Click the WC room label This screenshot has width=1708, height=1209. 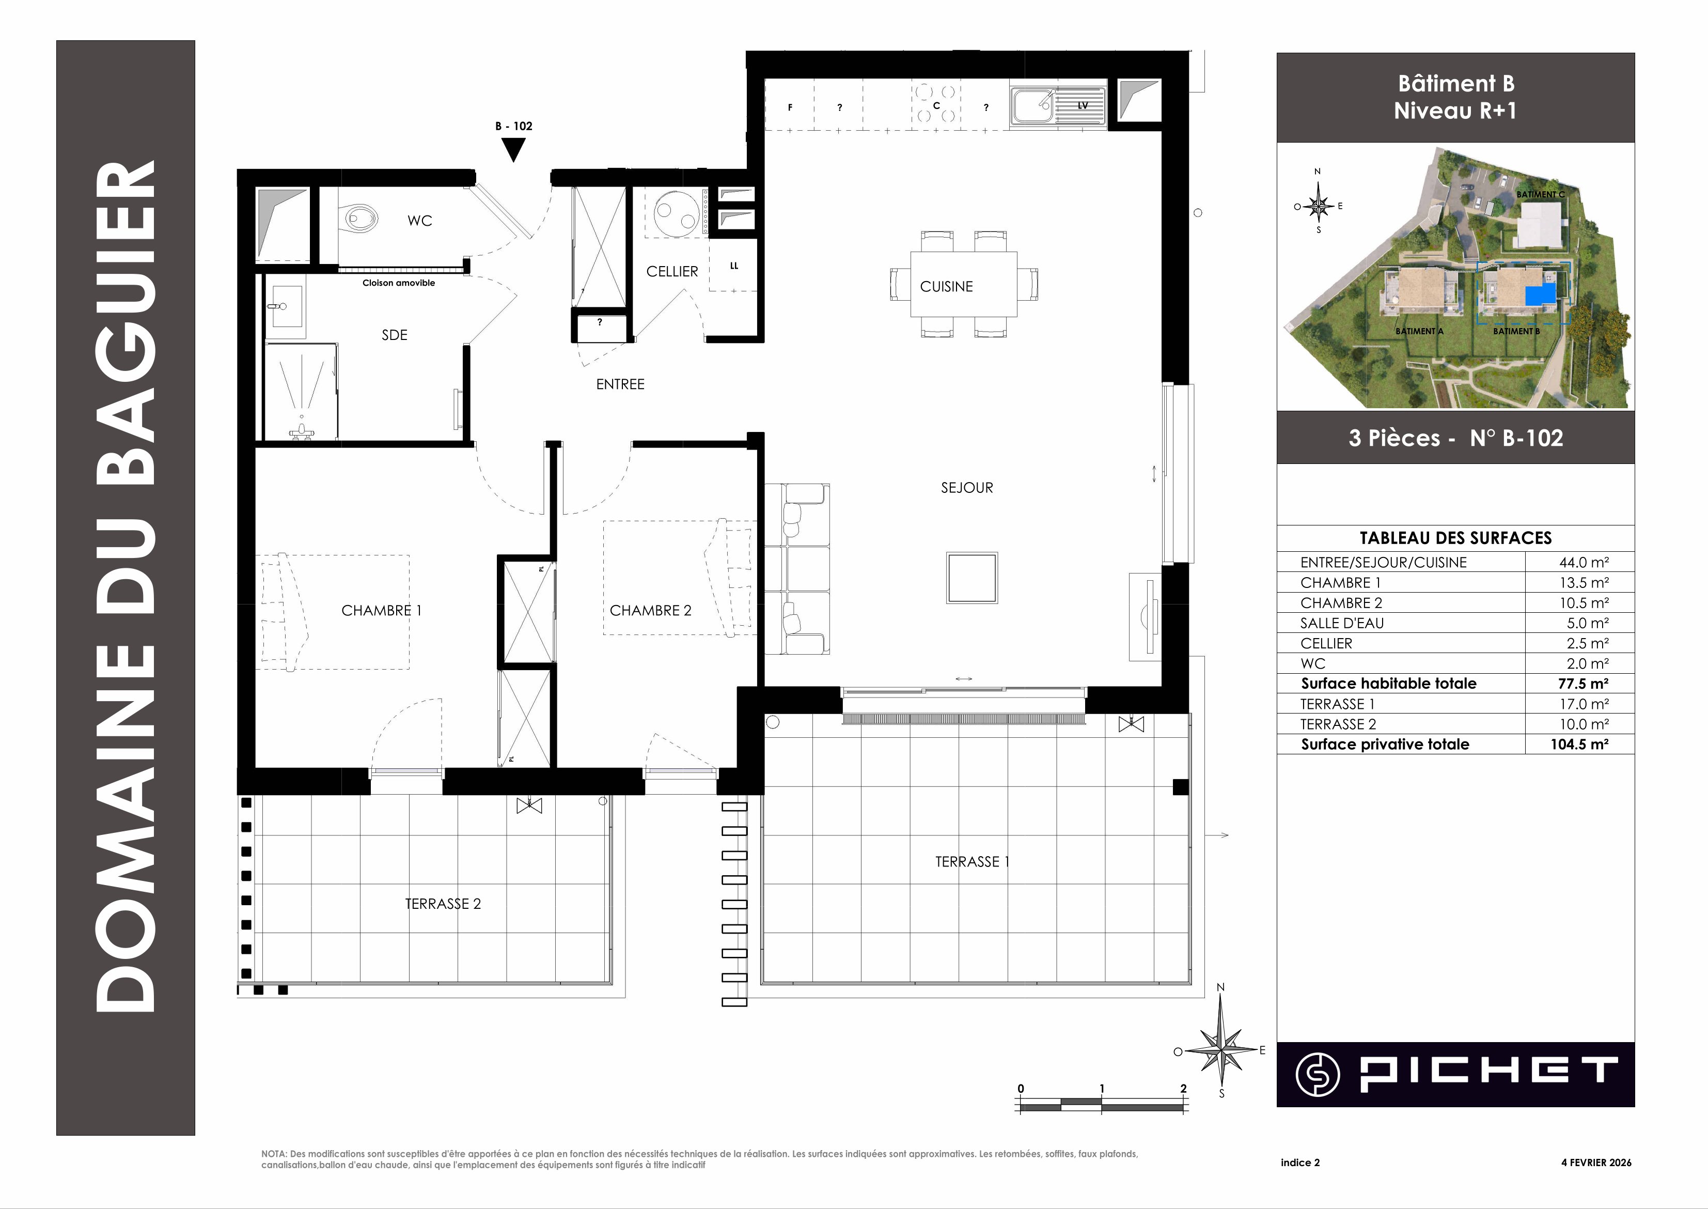(420, 221)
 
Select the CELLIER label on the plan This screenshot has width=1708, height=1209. (672, 272)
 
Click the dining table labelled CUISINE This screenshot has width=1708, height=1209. (964, 284)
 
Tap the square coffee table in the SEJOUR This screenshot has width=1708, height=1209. (972, 578)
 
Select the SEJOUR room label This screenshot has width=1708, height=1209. (967, 488)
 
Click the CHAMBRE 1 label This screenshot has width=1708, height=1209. (382, 611)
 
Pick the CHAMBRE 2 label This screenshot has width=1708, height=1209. (650, 611)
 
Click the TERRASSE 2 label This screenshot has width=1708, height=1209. (443, 904)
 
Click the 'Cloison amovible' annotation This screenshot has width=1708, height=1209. (399, 283)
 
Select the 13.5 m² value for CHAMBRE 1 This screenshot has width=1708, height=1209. (1585, 583)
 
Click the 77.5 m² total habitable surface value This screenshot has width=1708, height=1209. (1585, 684)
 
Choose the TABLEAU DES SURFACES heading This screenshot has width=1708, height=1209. (1456, 538)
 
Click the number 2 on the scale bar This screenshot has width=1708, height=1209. (1183, 1089)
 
